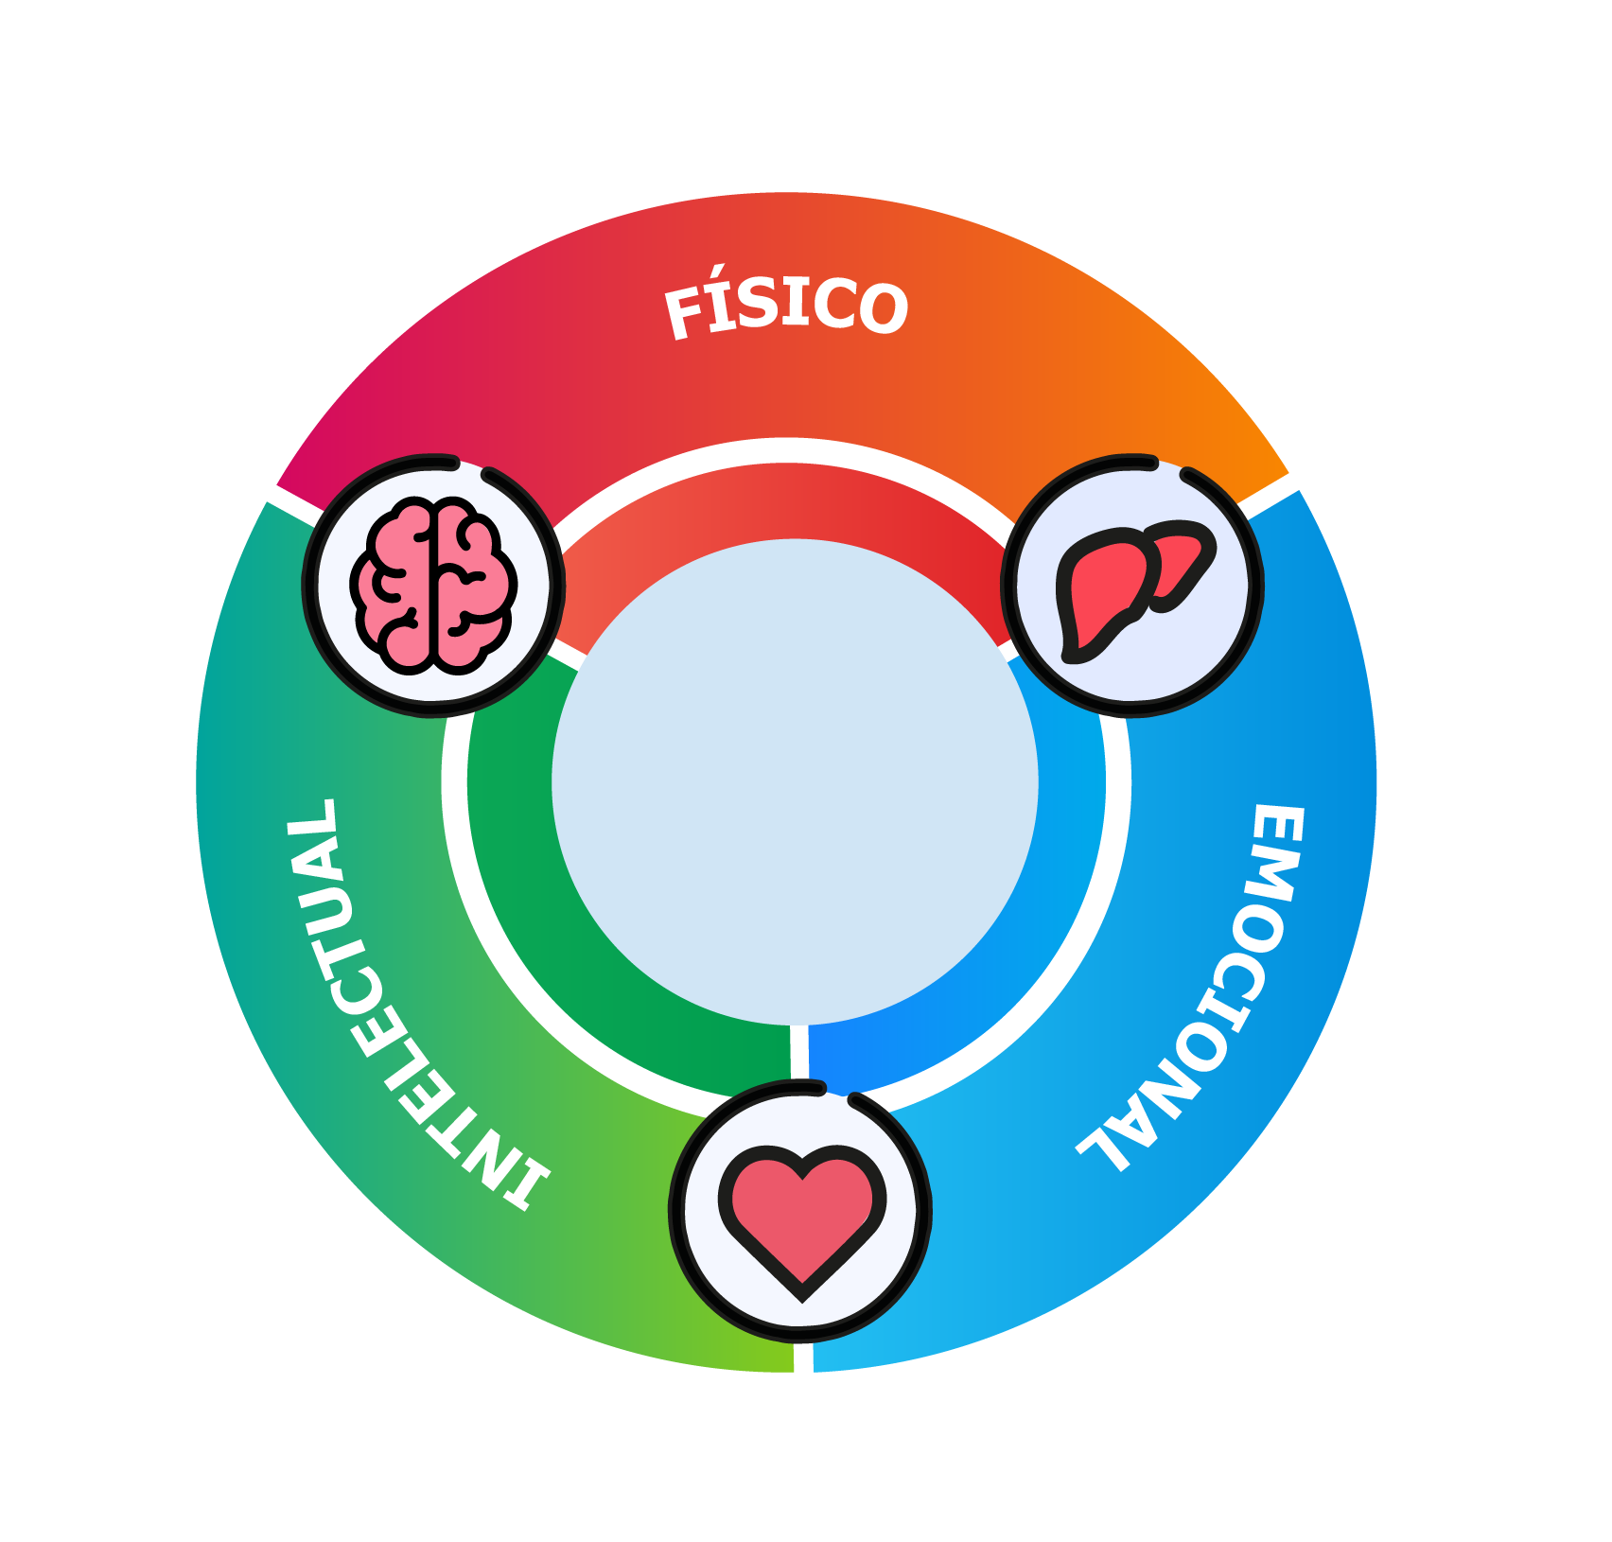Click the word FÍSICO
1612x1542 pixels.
pyautogui.click(x=786, y=306)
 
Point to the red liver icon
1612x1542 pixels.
pyautogui.click(x=1131, y=587)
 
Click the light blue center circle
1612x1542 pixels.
pyautogui.click(x=795, y=781)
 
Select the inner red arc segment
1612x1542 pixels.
pyautogui.click(x=785, y=501)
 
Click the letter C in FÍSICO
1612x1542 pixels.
pyautogui.click(x=833, y=304)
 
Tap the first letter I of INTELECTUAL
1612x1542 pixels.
pyautogui.click(x=525, y=1186)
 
